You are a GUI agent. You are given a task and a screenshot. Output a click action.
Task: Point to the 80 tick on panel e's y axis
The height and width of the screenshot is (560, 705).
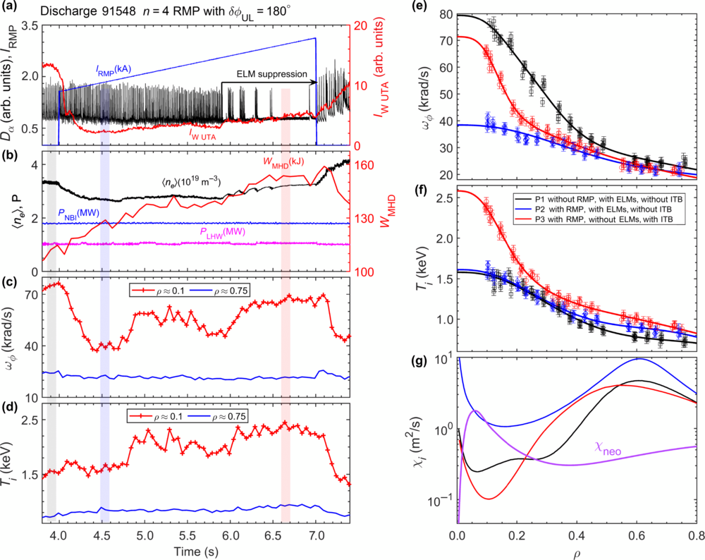point(446,14)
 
